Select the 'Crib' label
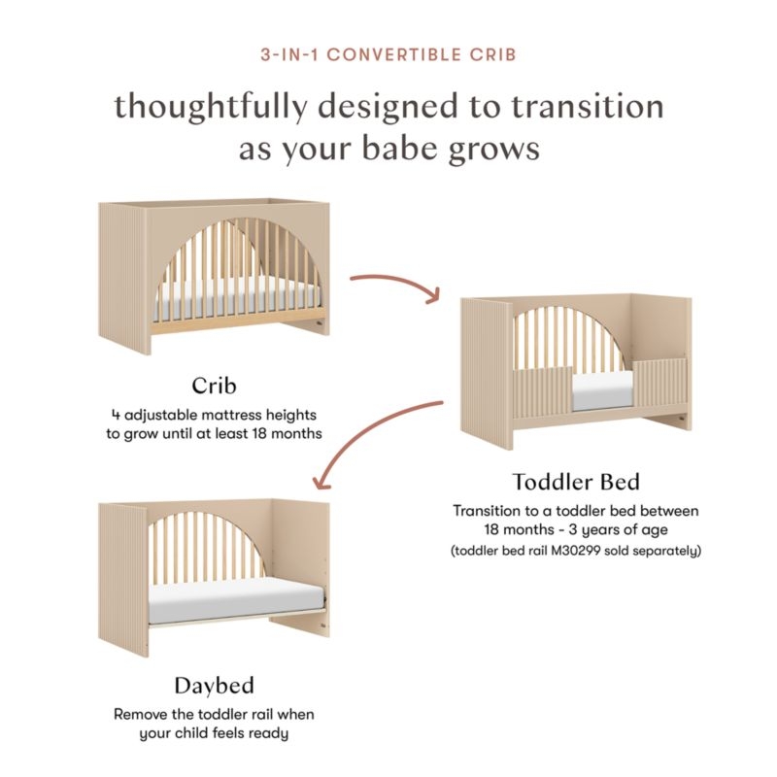pyautogui.click(x=214, y=385)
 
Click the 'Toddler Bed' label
pyautogui.click(x=576, y=482)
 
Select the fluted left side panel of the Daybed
pyautogui.click(x=120, y=583)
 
